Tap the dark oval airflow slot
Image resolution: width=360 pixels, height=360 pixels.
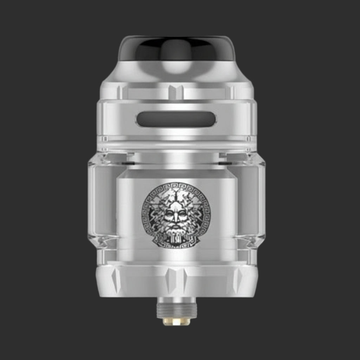pos(176,119)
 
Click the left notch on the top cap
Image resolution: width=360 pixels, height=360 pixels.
pos(120,92)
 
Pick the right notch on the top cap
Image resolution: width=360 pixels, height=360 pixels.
pos(232,92)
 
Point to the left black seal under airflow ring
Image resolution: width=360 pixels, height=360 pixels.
pos(129,163)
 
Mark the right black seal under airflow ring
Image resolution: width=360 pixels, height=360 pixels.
pos(225,163)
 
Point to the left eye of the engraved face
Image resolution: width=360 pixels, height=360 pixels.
pos(170,214)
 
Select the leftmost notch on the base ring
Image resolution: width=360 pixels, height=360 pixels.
pos(116,279)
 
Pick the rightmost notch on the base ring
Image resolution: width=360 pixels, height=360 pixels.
pos(237,279)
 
